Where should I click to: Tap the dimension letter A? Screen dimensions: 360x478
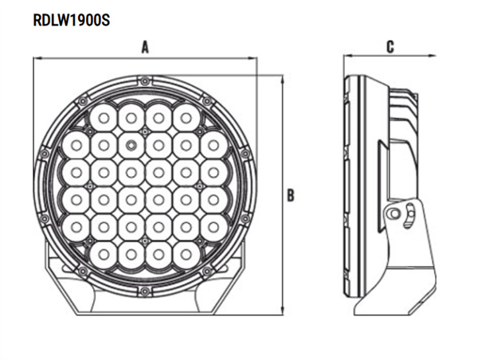(x=146, y=47)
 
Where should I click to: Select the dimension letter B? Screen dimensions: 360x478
(x=292, y=194)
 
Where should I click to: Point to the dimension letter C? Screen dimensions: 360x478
(x=390, y=47)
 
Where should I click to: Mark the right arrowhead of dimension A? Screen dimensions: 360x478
(x=253, y=57)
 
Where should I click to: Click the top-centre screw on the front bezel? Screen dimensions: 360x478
(x=145, y=80)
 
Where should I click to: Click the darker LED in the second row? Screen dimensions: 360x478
(x=131, y=144)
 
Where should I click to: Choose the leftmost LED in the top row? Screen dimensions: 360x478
(x=104, y=118)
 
